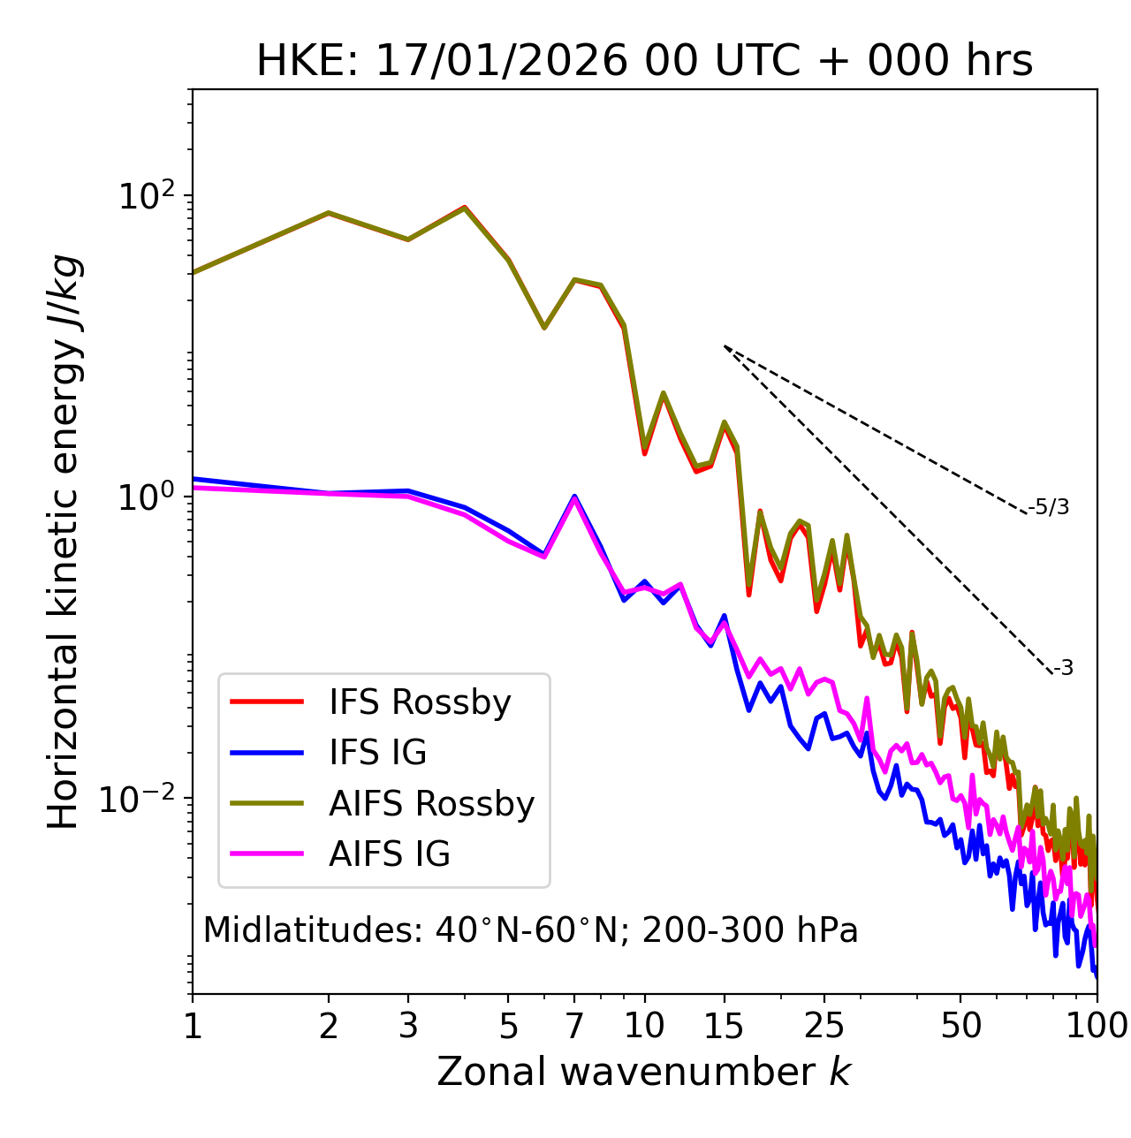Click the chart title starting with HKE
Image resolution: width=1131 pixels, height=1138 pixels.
pyautogui.click(x=644, y=61)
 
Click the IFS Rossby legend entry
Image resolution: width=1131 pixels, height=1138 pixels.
pyautogui.click(x=420, y=702)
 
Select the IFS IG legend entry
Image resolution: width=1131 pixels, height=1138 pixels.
pyautogui.click(x=377, y=752)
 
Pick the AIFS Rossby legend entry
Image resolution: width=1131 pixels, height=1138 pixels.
pyautogui.click(x=431, y=803)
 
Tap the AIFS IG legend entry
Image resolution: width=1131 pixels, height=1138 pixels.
pyautogui.click(x=389, y=853)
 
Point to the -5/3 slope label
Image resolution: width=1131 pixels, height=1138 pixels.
pyautogui.click(x=1049, y=507)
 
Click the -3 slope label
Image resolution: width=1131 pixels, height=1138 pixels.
pyautogui.click(x=1063, y=668)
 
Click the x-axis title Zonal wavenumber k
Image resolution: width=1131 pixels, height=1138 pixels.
pyautogui.click(x=643, y=1072)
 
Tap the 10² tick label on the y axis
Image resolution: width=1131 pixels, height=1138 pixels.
pyautogui.click(x=143, y=196)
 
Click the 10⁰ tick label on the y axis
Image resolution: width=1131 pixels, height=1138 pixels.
pyautogui.click(x=143, y=497)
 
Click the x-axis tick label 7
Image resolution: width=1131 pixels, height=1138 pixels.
pyautogui.click(x=574, y=1025)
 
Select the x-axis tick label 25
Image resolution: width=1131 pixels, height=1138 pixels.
pyautogui.click(x=824, y=1025)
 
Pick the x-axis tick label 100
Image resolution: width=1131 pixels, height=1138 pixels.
pyautogui.click(x=1097, y=1025)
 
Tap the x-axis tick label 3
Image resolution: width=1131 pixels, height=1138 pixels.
pyautogui.click(x=408, y=1025)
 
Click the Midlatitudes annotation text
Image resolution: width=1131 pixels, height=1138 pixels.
pyautogui.click(x=530, y=930)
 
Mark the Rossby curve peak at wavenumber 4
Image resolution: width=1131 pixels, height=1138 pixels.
pyautogui.click(x=465, y=208)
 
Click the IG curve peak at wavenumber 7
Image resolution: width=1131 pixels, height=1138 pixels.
pyautogui.click(x=574, y=497)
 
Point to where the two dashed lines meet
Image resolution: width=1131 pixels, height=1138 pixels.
pyautogui.click(x=725, y=346)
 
